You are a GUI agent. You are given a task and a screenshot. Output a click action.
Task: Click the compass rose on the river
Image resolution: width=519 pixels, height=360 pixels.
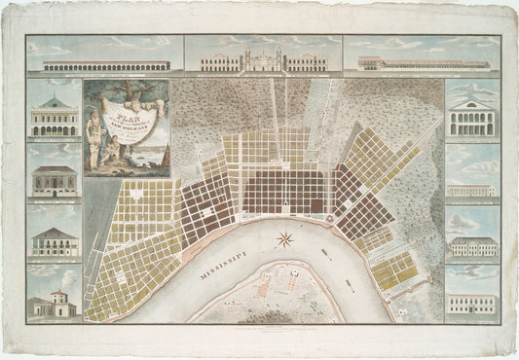click(x=285, y=239)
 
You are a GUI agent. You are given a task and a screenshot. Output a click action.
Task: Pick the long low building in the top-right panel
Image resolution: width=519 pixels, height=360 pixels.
click(x=423, y=64)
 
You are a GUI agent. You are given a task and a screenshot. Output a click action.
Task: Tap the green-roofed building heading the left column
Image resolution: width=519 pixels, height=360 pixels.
click(x=55, y=119)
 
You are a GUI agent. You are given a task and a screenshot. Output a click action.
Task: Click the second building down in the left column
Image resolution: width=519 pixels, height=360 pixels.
click(x=55, y=180)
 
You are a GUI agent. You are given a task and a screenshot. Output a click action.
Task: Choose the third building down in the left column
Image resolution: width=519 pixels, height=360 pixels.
click(x=55, y=242)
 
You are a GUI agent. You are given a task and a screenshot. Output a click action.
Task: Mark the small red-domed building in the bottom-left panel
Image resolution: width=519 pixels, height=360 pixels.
click(x=56, y=305)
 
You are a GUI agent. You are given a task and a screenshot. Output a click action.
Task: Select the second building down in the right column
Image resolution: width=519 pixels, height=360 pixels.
click(x=471, y=190)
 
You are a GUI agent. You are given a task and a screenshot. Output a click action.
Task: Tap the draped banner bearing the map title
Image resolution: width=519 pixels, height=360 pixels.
click(x=128, y=115)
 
